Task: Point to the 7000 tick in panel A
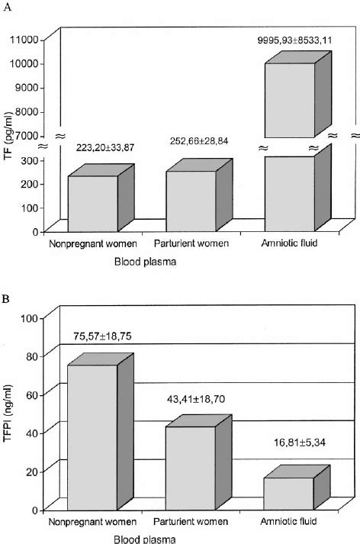point(29,136)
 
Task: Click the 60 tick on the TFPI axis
point(34,394)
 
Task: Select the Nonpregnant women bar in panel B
point(93,436)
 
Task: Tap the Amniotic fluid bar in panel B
point(289,493)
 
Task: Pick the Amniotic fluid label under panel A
point(288,244)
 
